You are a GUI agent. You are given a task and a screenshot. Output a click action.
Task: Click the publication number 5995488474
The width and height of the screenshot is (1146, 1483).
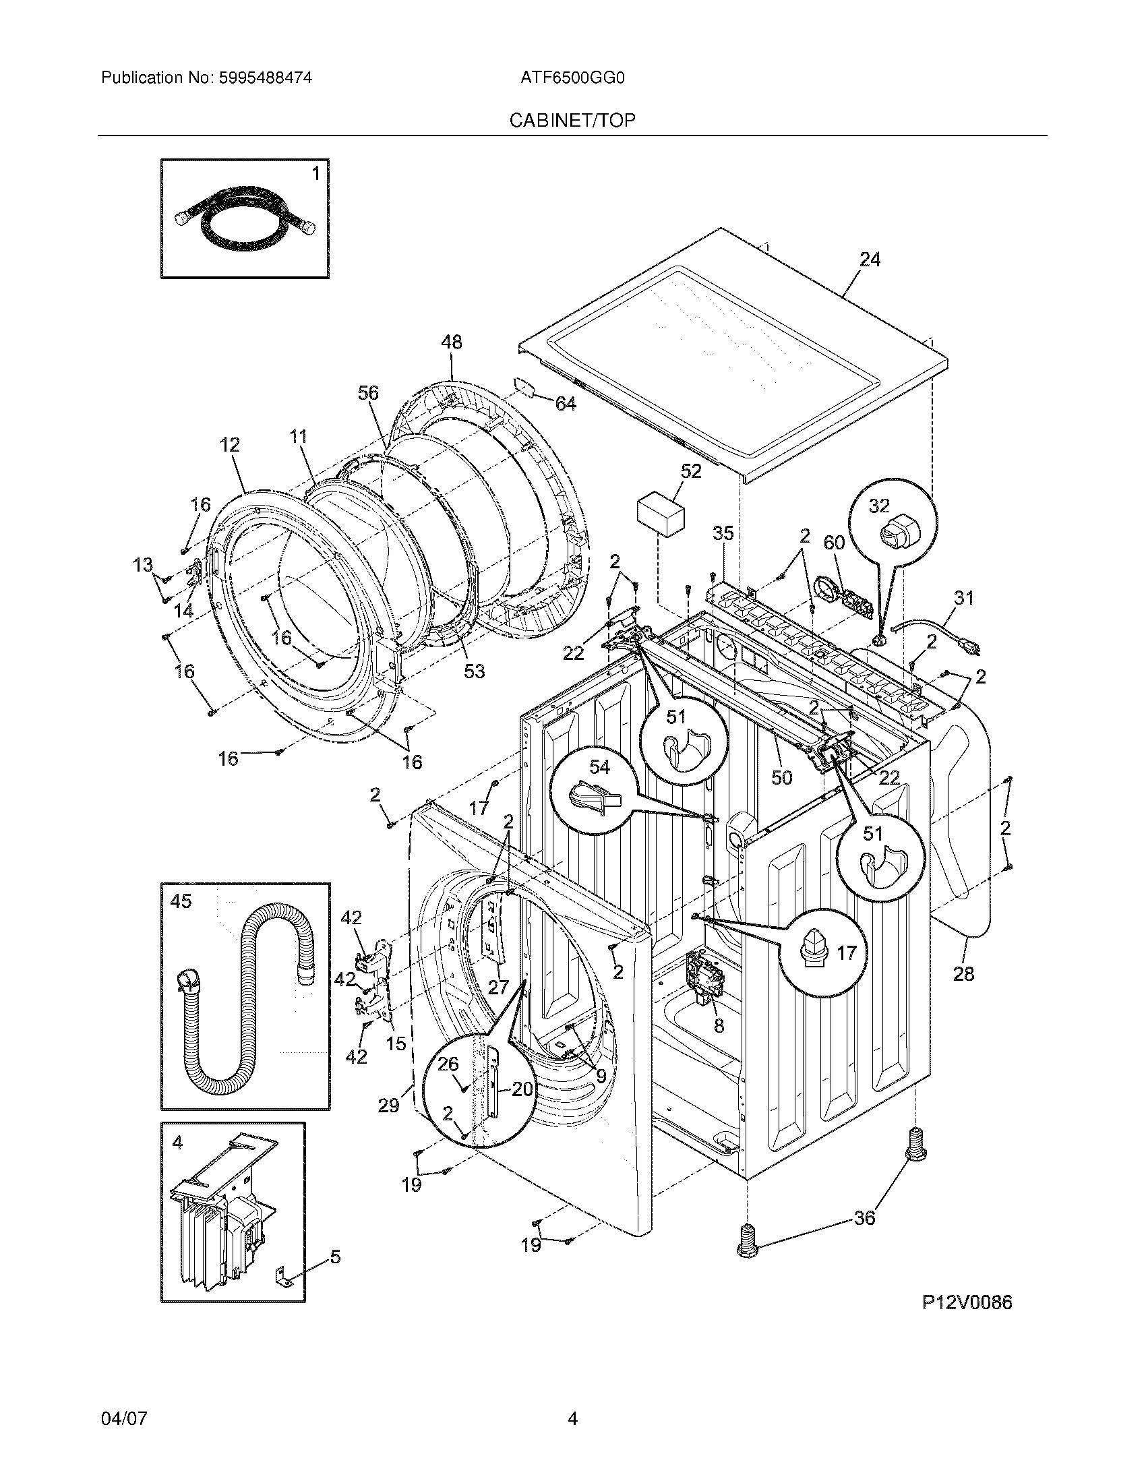click(x=266, y=78)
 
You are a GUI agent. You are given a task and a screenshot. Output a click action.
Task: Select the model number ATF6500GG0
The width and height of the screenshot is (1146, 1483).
click(x=572, y=78)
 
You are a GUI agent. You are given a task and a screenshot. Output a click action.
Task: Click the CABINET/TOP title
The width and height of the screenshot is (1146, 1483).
click(x=572, y=121)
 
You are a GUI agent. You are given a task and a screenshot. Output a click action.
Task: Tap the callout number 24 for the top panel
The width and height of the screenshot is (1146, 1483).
click(x=870, y=260)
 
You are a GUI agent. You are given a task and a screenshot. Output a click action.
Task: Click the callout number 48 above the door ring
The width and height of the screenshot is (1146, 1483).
click(x=452, y=342)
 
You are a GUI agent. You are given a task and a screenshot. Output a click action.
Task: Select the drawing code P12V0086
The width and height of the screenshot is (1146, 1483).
click(x=967, y=1302)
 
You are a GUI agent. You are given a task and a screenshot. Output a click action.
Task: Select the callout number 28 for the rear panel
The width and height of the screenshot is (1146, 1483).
click(x=963, y=974)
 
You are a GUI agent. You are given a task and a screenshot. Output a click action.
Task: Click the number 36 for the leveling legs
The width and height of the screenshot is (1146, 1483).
click(x=864, y=1217)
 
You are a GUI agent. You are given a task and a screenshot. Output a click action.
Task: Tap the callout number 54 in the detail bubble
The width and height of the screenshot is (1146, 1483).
click(x=599, y=766)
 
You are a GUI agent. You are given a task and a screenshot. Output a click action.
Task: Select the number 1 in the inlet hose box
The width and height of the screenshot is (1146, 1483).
click(x=315, y=175)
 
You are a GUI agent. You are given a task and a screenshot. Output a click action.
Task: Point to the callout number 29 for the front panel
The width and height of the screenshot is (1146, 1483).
click(x=388, y=1106)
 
